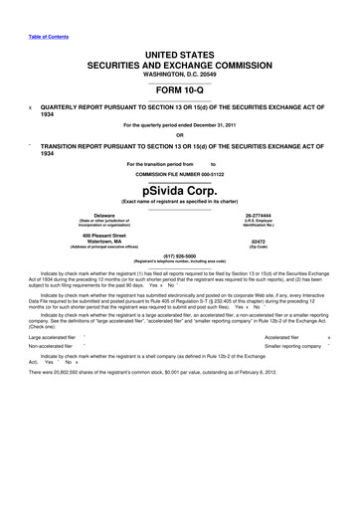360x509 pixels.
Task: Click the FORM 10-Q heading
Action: point(179,88)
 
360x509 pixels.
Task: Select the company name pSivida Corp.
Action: point(179,190)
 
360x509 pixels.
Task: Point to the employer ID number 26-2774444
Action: point(259,216)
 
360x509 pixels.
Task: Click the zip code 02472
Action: point(259,242)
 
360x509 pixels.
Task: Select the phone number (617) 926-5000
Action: point(179,254)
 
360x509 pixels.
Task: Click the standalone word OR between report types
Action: point(179,135)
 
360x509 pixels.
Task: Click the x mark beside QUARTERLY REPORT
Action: point(31,105)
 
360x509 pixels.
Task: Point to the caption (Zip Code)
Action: point(259,248)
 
